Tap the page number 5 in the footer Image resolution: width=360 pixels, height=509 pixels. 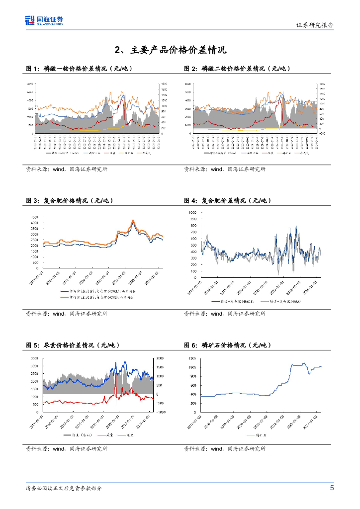[x=332, y=488]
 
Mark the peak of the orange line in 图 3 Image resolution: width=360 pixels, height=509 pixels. [x=133, y=220]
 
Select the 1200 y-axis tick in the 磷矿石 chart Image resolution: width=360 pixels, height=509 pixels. [x=192, y=358]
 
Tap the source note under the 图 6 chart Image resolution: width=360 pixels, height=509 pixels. [x=224, y=448]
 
